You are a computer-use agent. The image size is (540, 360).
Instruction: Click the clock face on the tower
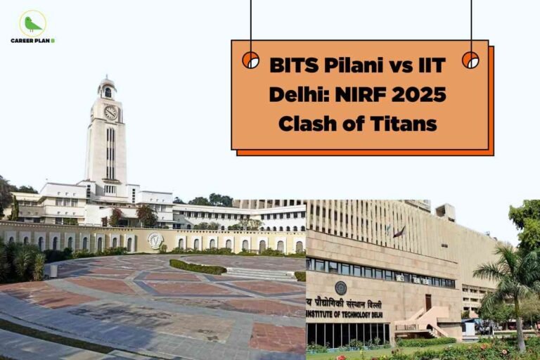(110, 112)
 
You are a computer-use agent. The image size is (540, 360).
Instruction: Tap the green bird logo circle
(32, 23)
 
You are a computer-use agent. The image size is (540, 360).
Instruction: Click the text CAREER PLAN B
(32, 41)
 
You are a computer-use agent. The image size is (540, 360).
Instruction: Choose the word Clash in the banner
(310, 124)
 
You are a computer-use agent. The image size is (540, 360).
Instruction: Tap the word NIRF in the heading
(357, 95)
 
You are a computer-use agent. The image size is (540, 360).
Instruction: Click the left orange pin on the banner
(250, 60)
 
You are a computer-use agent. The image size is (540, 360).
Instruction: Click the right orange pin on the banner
(470, 60)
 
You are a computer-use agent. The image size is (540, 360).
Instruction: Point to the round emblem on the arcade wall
(155, 240)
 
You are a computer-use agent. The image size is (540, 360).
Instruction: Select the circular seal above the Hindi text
(340, 288)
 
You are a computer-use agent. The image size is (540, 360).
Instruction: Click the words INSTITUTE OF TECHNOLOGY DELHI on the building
(344, 314)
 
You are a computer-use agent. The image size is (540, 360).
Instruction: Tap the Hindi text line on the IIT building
(345, 304)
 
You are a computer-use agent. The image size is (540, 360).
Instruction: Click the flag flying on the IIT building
(399, 232)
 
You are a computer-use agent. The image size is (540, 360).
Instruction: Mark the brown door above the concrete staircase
(427, 303)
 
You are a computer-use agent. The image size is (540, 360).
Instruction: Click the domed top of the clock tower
(107, 85)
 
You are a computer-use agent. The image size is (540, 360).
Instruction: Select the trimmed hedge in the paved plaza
(198, 267)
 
